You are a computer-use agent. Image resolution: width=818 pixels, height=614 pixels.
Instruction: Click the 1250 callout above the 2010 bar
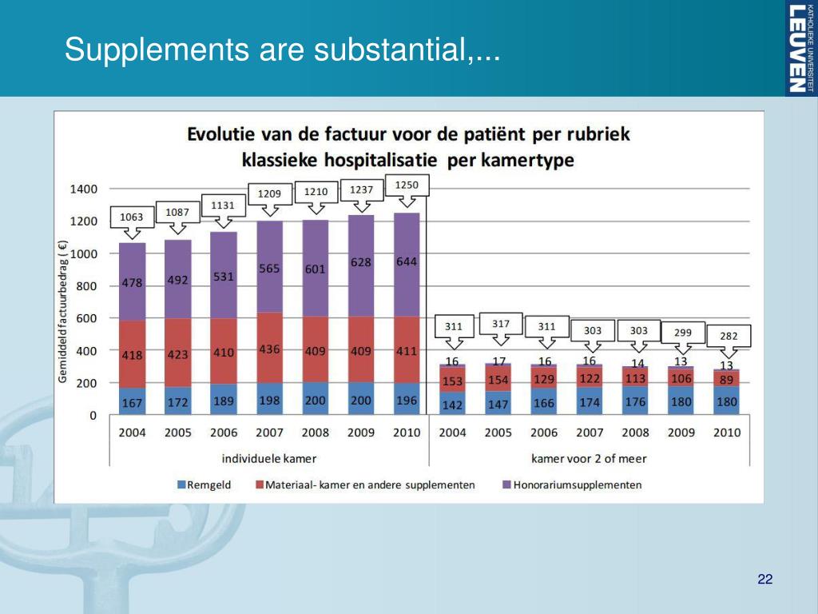[x=407, y=185]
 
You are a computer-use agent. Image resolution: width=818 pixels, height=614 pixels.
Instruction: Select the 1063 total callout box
[x=132, y=217]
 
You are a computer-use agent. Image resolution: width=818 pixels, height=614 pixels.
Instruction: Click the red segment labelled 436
[x=269, y=349]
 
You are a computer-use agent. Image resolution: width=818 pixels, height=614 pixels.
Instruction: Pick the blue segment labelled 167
[x=132, y=402]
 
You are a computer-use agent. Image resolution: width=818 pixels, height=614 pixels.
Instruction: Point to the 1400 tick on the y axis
[x=83, y=189]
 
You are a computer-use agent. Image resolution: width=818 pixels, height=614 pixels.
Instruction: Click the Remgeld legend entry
[x=204, y=484]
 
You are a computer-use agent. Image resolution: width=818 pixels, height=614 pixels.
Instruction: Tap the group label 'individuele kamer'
[x=269, y=458]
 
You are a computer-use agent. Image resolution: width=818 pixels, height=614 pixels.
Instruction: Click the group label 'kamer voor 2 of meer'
[x=589, y=458]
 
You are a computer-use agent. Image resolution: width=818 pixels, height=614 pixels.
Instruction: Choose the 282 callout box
[x=729, y=336]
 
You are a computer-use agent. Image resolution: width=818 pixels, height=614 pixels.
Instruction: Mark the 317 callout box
[x=500, y=324]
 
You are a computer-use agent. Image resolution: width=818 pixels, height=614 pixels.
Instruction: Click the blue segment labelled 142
[x=453, y=405]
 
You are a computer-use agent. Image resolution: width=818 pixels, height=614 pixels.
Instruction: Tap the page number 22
[x=764, y=580]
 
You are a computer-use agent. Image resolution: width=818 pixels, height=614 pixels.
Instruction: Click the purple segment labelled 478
[x=132, y=282]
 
